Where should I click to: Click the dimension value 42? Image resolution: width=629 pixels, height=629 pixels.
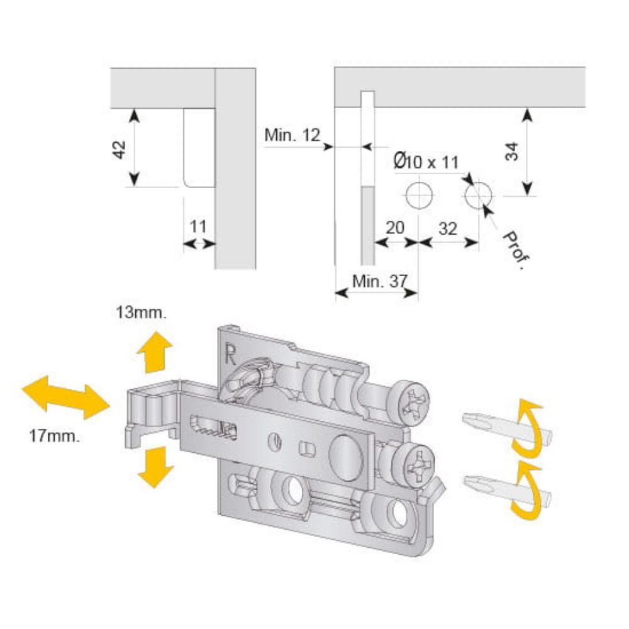click(x=120, y=149)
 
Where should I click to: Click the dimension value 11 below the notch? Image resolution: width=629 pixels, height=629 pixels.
click(x=198, y=225)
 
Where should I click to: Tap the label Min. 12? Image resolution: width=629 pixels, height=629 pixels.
click(x=292, y=135)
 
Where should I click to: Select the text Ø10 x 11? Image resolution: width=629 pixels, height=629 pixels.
click(x=426, y=162)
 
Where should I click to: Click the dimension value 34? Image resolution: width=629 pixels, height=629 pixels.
click(x=511, y=152)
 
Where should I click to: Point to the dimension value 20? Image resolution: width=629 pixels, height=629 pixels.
click(x=394, y=228)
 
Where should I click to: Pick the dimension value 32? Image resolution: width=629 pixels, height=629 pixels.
click(x=447, y=228)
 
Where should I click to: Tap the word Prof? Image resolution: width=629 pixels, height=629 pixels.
click(x=514, y=250)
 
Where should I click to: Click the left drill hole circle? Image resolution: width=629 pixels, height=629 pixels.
click(x=418, y=196)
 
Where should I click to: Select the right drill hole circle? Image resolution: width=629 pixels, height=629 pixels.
click(x=479, y=196)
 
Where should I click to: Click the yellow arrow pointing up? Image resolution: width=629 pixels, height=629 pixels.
click(x=154, y=353)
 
